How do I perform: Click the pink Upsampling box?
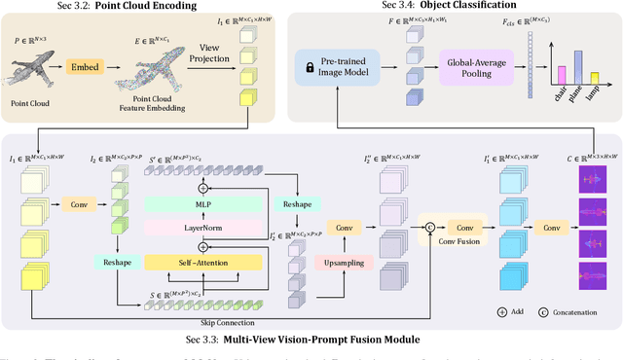[x=343, y=264]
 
